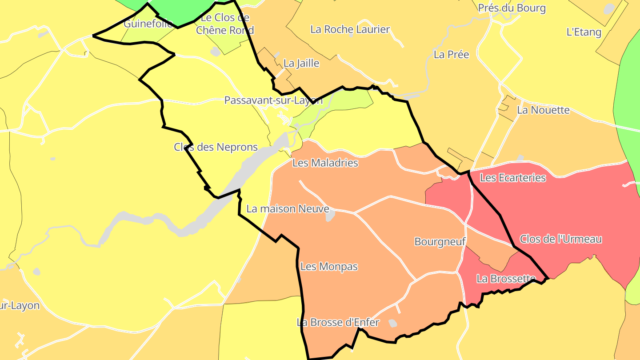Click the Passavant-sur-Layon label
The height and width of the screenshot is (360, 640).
tap(273, 100)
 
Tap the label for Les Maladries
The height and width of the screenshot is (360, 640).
tap(325, 163)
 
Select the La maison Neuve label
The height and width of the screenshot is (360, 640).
tap(288, 208)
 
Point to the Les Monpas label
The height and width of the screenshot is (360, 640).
tap(329, 267)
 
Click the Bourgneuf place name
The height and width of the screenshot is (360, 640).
tap(440, 241)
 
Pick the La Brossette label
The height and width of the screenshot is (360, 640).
tap(506, 279)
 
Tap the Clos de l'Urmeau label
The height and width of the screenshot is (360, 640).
tap(561, 239)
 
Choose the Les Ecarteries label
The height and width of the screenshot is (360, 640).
tap(513, 178)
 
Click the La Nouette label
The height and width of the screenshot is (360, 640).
tap(543, 110)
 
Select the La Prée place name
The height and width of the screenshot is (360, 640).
tap(451, 54)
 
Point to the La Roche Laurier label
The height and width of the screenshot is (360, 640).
tap(350, 29)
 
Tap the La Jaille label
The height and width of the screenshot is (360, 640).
tap(301, 63)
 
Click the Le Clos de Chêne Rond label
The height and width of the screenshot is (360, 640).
tap(225, 24)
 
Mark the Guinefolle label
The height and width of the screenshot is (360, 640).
tap(148, 24)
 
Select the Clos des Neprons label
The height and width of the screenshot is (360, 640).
tap(216, 147)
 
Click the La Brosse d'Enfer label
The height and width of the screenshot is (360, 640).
tap(338, 322)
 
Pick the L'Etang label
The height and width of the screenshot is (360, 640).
tap(584, 32)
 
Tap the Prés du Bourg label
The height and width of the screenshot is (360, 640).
tap(512, 8)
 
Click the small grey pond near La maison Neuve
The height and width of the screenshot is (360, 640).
tap(330, 216)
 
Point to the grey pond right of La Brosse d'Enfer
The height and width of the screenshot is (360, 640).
tap(392, 323)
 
